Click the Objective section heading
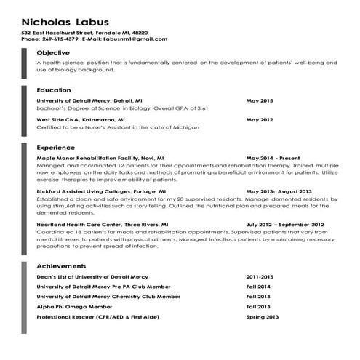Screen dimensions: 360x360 coord(53,53)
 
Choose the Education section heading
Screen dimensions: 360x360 coord(54,90)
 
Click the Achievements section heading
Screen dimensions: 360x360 coord(61,266)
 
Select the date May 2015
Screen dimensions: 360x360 coord(260,100)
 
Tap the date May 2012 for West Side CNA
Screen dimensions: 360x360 coord(260,119)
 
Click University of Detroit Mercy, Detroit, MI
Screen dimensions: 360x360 coord(89,100)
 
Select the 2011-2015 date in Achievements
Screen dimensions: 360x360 coord(260,277)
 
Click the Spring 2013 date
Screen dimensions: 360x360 coord(263,317)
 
